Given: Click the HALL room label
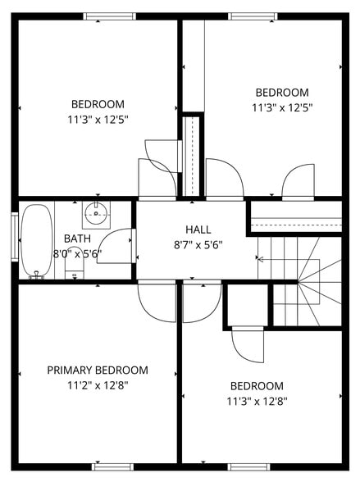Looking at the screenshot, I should pyautogui.click(x=198, y=230).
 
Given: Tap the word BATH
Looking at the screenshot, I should pyautogui.click(x=77, y=239).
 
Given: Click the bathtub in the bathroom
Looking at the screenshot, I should pyautogui.click(x=36, y=239).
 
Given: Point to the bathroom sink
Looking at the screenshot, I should pyautogui.click(x=96, y=214).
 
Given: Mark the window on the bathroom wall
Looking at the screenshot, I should pyautogui.click(x=14, y=239).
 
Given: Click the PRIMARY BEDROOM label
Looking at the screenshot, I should pyautogui.click(x=98, y=371).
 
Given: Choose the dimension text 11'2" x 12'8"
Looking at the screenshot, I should pyautogui.click(x=98, y=385).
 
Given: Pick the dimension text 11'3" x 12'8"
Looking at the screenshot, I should pyautogui.click(x=257, y=402).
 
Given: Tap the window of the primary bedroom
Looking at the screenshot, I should pyautogui.click(x=112, y=466).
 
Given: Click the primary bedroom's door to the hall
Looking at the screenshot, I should pyautogui.click(x=157, y=302).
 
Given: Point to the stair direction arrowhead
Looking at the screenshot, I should pyautogui.click(x=261, y=259).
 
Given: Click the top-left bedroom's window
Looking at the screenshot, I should pyautogui.click(x=110, y=16).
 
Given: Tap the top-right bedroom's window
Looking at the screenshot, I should pyautogui.click(x=253, y=16).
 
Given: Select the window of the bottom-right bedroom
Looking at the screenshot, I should pyautogui.click(x=249, y=466).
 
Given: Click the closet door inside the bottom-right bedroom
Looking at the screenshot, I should pyautogui.click(x=248, y=344).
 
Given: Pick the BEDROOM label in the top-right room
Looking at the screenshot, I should pyautogui.click(x=282, y=93).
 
